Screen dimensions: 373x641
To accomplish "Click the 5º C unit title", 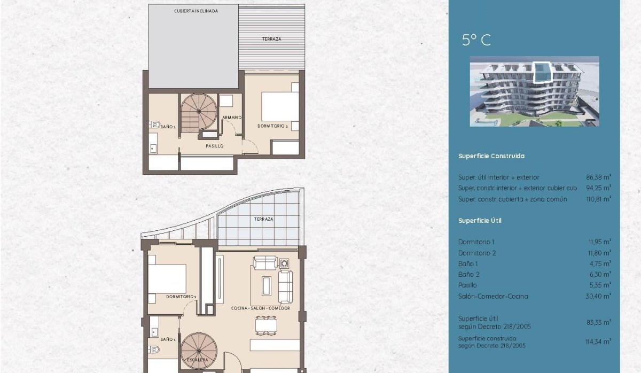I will pyautogui.click(x=476, y=40).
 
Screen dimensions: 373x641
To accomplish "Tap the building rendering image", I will pyautogui.click(x=534, y=91).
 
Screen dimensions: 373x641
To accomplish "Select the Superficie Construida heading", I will pyautogui.click(x=491, y=156).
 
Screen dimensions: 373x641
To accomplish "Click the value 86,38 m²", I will pyautogui.click(x=601, y=177).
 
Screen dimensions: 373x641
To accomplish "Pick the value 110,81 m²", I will pyautogui.click(x=601, y=199).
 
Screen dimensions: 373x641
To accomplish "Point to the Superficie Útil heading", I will pyautogui.click(x=480, y=220).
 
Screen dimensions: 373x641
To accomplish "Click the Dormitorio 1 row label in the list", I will pyautogui.click(x=476, y=242).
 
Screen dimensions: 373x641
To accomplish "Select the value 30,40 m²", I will pyautogui.click(x=601, y=296).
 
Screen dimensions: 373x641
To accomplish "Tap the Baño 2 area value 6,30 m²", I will pyautogui.click(x=603, y=274).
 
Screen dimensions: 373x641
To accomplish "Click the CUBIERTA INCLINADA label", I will pyautogui.click(x=196, y=11).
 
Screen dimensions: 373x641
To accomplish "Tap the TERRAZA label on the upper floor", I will pyautogui.click(x=271, y=39).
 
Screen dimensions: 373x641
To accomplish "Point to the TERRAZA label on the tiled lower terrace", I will pyautogui.click(x=264, y=219).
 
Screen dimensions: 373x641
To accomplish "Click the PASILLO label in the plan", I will pyautogui.click(x=214, y=145).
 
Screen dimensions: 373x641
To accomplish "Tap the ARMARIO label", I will pyautogui.click(x=232, y=117).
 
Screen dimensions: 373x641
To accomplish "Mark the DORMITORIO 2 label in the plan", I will pyautogui.click(x=272, y=126).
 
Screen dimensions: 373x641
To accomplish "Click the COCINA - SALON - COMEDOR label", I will pyautogui.click(x=261, y=308).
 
